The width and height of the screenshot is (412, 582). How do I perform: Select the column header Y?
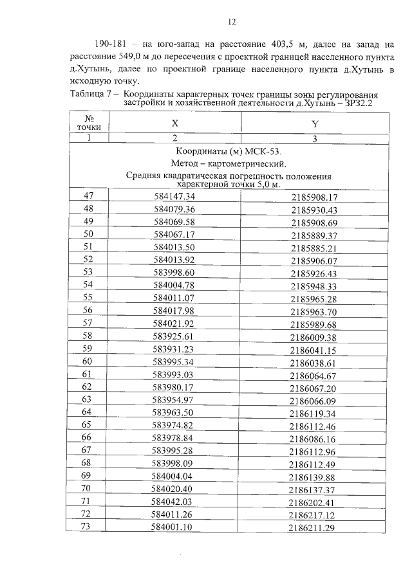point(315,123)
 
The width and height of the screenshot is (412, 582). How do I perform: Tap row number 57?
point(88,323)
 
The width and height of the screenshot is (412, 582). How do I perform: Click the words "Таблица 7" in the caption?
point(88,94)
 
